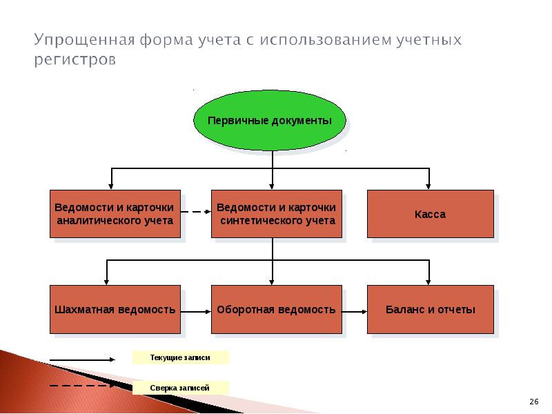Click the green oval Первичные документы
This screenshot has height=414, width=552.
click(270, 120)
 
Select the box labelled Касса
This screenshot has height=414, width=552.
click(430, 214)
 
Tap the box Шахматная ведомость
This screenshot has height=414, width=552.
click(115, 309)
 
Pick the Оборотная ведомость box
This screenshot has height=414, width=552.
click(277, 309)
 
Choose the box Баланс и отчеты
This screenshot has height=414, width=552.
click(430, 309)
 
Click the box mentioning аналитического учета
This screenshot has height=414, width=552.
click(115, 214)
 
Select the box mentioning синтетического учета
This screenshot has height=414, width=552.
click(277, 214)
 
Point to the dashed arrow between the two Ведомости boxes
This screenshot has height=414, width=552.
click(196, 212)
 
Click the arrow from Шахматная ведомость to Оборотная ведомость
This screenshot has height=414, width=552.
click(196, 312)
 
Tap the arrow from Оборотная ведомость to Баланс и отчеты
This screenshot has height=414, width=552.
click(355, 312)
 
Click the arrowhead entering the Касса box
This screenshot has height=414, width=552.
click(428, 186)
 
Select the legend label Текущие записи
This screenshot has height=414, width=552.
click(180, 357)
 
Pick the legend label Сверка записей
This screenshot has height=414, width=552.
click(180, 388)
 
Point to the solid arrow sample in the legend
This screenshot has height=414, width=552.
click(82, 359)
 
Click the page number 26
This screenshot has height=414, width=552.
click(533, 402)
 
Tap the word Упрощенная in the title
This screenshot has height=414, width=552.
click(84, 40)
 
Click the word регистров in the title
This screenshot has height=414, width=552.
click(75, 59)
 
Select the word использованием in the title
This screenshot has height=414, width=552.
click(326, 39)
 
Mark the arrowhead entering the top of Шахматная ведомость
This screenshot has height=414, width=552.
click(106, 282)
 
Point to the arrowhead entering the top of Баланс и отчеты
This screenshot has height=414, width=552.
click(428, 282)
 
